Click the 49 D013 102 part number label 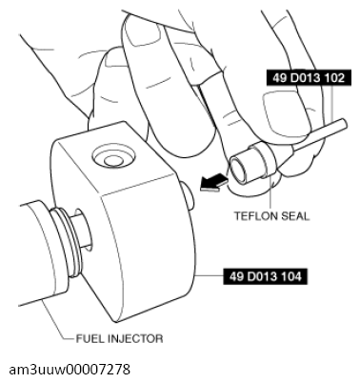tap(309, 77)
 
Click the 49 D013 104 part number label tap(265, 276)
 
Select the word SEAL tap(296, 216)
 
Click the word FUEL tap(90, 339)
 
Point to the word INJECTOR tap(135, 339)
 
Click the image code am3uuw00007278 tap(70, 370)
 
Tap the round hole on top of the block tap(112, 157)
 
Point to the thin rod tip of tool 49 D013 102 tap(343, 124)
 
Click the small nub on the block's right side tap(189, 198)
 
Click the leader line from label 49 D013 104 tap(210, 276)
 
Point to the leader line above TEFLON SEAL tap(270, 192)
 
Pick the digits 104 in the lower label tap(291, 276)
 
